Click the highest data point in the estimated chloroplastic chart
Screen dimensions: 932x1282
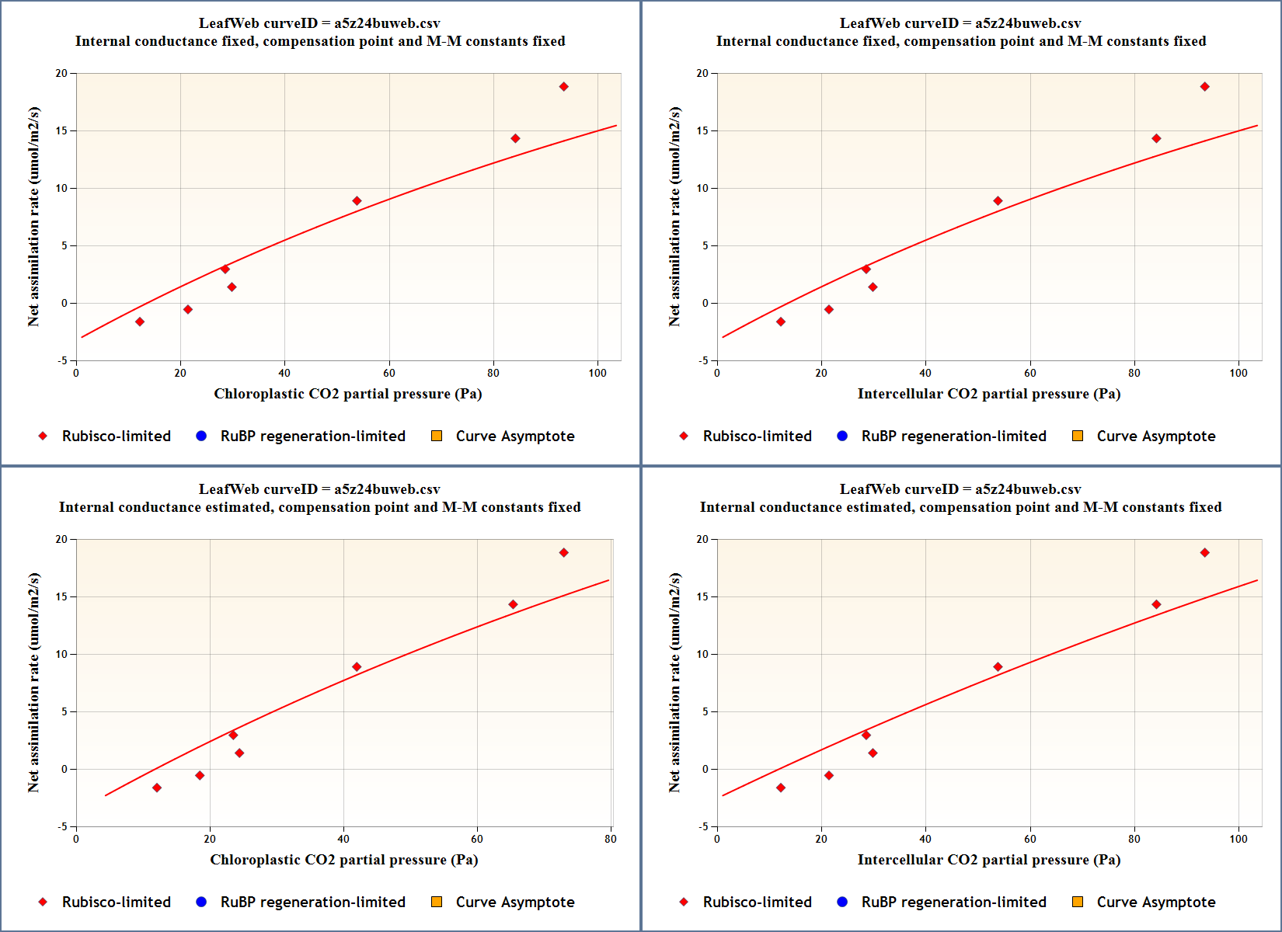pyautogui.click(x=564, y=553)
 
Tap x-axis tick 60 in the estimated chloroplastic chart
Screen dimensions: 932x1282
pyautogui.click(x=477, y=839)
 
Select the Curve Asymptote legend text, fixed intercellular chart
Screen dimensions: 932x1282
pyautogui.click(x=1155, y=436)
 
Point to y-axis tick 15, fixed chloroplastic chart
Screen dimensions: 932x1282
pyautogui.click(x=61, y=130)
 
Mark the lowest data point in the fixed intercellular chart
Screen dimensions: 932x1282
pyautogui.click(x=781, y=322)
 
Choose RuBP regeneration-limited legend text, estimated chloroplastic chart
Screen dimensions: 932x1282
pyautogui.click(x=312, y=902)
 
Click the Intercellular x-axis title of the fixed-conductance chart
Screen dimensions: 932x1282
pyautogui.click(x=988, y=394)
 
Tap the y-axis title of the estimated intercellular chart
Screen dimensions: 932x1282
pyautogui.click(x=674, y=683)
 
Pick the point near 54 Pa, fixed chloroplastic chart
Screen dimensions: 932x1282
pyautogui.click(x=357, y=201)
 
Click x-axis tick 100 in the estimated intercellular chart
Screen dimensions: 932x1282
pyautogui.click(x=1238, y=839)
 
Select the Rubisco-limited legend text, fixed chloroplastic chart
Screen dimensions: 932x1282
pyautogui.click(x=117, y=436)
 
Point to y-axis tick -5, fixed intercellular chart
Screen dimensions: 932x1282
pyautogui.click(x=702, y=360)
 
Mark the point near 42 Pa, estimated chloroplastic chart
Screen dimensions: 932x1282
pyautogui.click(x=357, y=667)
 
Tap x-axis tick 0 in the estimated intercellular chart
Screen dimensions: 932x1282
pyautogui.click(x=717, y=839)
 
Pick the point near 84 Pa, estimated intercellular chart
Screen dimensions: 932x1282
pyautogui.click(x=1156, y=604)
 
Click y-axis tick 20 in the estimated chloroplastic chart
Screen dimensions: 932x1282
pyautogui.click(x=61, y=539)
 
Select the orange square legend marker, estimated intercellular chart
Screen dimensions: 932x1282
pyautogui.click(x=1078, y=902)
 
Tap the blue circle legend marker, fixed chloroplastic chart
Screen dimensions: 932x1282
pyautogui.click(x=201, y=436)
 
